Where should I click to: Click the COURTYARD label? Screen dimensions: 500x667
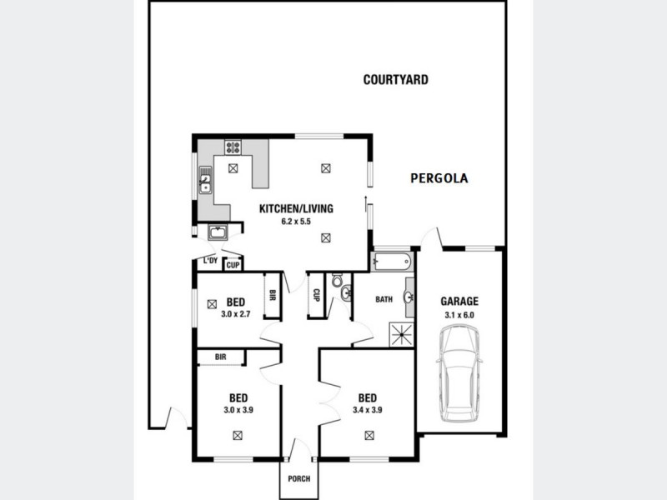[396, 80]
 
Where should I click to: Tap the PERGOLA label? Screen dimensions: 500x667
[439, 177]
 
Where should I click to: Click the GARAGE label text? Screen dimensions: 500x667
[459, 302]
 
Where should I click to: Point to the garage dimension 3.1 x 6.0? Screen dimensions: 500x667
[459, 315]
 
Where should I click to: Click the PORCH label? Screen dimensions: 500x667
[298, 478]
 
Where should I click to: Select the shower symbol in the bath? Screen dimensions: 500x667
[402, 335]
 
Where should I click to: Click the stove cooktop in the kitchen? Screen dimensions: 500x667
[233, 147]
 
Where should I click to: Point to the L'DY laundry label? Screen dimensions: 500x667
[210, 262]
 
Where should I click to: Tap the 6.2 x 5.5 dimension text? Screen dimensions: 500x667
[296, 222]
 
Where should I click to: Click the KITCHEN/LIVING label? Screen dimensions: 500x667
[296, 208]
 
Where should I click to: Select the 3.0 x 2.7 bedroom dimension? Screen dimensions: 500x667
[237, 314]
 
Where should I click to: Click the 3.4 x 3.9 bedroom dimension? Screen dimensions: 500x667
[367, 410]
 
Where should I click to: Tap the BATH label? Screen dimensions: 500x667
[384, 299]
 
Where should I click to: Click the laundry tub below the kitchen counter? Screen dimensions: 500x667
[218, 232]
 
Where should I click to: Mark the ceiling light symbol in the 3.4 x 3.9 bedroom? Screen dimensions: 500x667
[368, 434]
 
